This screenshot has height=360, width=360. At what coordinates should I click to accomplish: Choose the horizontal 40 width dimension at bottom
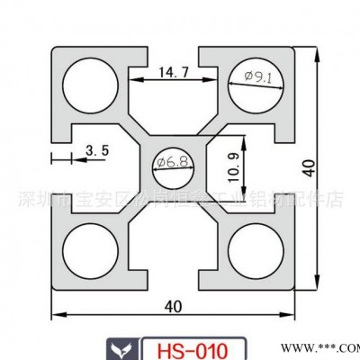point(174,304)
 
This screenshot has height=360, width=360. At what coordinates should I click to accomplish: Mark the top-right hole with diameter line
point(255,87)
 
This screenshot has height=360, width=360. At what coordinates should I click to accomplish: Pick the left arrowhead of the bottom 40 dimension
point(55,316)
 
